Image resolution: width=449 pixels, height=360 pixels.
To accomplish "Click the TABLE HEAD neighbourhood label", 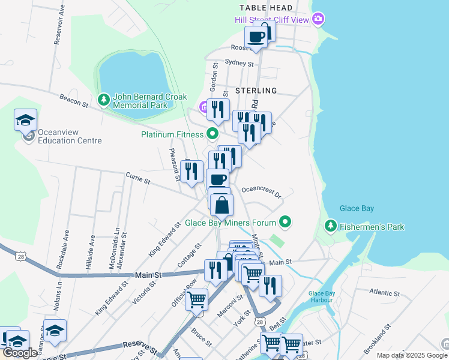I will [x=266, y=8].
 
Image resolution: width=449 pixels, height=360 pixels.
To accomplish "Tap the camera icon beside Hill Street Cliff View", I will [x=318, y=20].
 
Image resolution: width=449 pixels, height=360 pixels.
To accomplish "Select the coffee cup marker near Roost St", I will [x=256, y=37].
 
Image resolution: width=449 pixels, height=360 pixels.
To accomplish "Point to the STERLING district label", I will [x=256, y=91].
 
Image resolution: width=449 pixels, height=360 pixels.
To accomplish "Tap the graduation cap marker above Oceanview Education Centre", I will [x=26, y=120].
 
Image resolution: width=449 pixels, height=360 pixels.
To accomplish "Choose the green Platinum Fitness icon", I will [x=212, y=134].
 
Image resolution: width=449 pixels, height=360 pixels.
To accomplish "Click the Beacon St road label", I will [x=74, y=100].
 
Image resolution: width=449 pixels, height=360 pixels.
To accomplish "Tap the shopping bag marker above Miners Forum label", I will [x=221, y=205].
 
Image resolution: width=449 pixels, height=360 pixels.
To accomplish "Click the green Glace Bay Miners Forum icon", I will [x=286, y=223].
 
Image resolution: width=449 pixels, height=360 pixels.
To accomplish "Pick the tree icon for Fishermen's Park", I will [x=330, y=226].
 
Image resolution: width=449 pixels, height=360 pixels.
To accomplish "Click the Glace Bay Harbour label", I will [x=325, y=296].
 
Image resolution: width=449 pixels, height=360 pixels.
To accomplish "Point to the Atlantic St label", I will [x=385, y=293].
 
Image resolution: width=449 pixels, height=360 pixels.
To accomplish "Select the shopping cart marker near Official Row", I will [x=197, y=299].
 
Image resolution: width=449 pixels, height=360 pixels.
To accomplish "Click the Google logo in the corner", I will [x=20, y=353].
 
